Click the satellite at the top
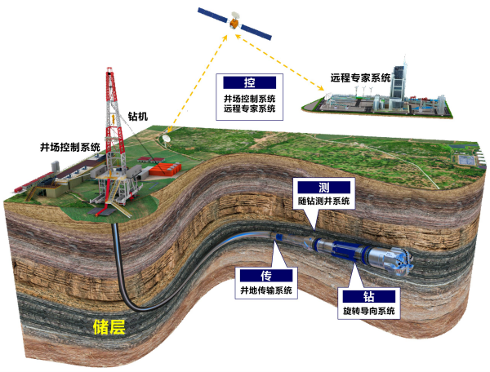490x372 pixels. pyautogui.click(x=234, y=23)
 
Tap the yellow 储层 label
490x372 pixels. pyautogui.click(x=109, y=327)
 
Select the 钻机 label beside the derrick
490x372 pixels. pyautogui.click(x=138, y=116)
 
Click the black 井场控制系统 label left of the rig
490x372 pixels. pyautogui.click(x=70, y=147)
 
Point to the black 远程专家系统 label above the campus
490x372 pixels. pyautogui.click(x=361, y=77)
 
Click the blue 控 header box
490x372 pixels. pyautogui.click(x=249, y=82)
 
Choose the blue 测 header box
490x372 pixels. pyautogui.click(x=323, y=188)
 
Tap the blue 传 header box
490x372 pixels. pyautogui.click(x=266, y=276)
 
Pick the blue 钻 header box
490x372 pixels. pyautogui.click(x=369, y=296)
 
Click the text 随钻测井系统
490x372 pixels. pyautogui.click(x=323, y=201)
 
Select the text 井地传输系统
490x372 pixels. pyautogui.click(x=266, y=290)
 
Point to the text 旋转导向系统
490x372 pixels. pyautogui.click(x=369, y=311)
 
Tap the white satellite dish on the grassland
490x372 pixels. pyautogui.click(x=167, y=139)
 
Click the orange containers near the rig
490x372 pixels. pyautogui.click(x=165, y=169)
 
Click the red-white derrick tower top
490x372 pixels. pyautogui.click(x=109, y=70)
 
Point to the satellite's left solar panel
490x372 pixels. pyautogui.click(x=213, y=15)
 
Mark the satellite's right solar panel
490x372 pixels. pyautogui.click(x=256, y=32)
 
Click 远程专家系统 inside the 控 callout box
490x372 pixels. pyautogui.click(x=249, y=108)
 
